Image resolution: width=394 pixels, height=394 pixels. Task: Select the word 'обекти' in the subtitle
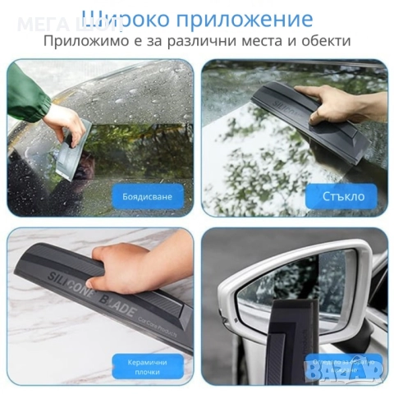pos(322,40)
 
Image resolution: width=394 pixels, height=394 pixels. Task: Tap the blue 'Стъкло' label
pos(341,196)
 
